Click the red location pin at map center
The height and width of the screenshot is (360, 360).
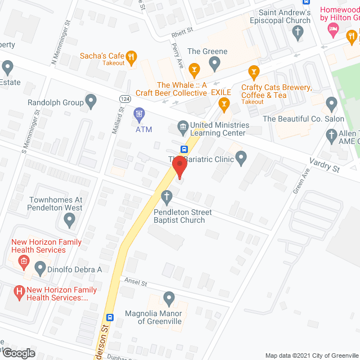pos(179,167)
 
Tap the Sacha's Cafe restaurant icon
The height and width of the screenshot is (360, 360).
pos(131,56)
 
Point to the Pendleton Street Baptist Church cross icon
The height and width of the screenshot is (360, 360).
pos(166,196)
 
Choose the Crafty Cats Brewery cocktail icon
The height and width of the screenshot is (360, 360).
pos(253,71)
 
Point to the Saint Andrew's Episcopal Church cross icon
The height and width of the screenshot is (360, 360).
pos(299,31)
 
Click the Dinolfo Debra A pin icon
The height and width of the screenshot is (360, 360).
pos(40,269)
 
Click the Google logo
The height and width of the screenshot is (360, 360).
pos(17,353)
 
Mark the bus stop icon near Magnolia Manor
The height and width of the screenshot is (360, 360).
pos(111,317)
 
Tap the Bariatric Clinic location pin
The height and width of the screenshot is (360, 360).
pos(241,159)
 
